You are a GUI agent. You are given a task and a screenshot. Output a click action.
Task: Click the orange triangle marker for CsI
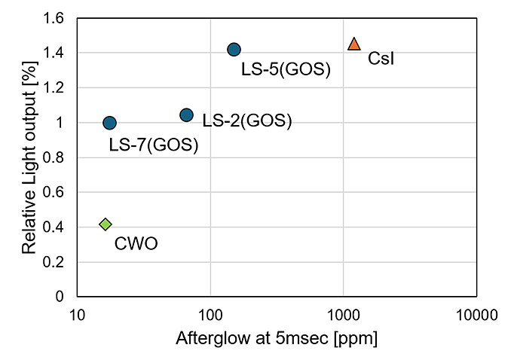354,44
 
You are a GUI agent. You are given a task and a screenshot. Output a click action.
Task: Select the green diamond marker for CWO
106,224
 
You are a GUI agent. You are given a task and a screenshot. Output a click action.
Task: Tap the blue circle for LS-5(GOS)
234,50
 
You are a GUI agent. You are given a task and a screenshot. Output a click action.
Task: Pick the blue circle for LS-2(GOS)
186,115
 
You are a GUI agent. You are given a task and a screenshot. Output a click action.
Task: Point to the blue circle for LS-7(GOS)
109,123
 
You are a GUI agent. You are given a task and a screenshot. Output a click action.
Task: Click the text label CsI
381,59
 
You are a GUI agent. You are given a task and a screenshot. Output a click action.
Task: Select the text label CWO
136,243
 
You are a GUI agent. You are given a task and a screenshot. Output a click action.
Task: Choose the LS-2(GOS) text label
247,121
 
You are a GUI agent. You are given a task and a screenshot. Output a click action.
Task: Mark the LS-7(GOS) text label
154,145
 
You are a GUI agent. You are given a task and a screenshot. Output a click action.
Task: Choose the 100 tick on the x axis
210,313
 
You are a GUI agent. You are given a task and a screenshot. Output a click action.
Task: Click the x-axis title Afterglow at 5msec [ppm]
277,338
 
